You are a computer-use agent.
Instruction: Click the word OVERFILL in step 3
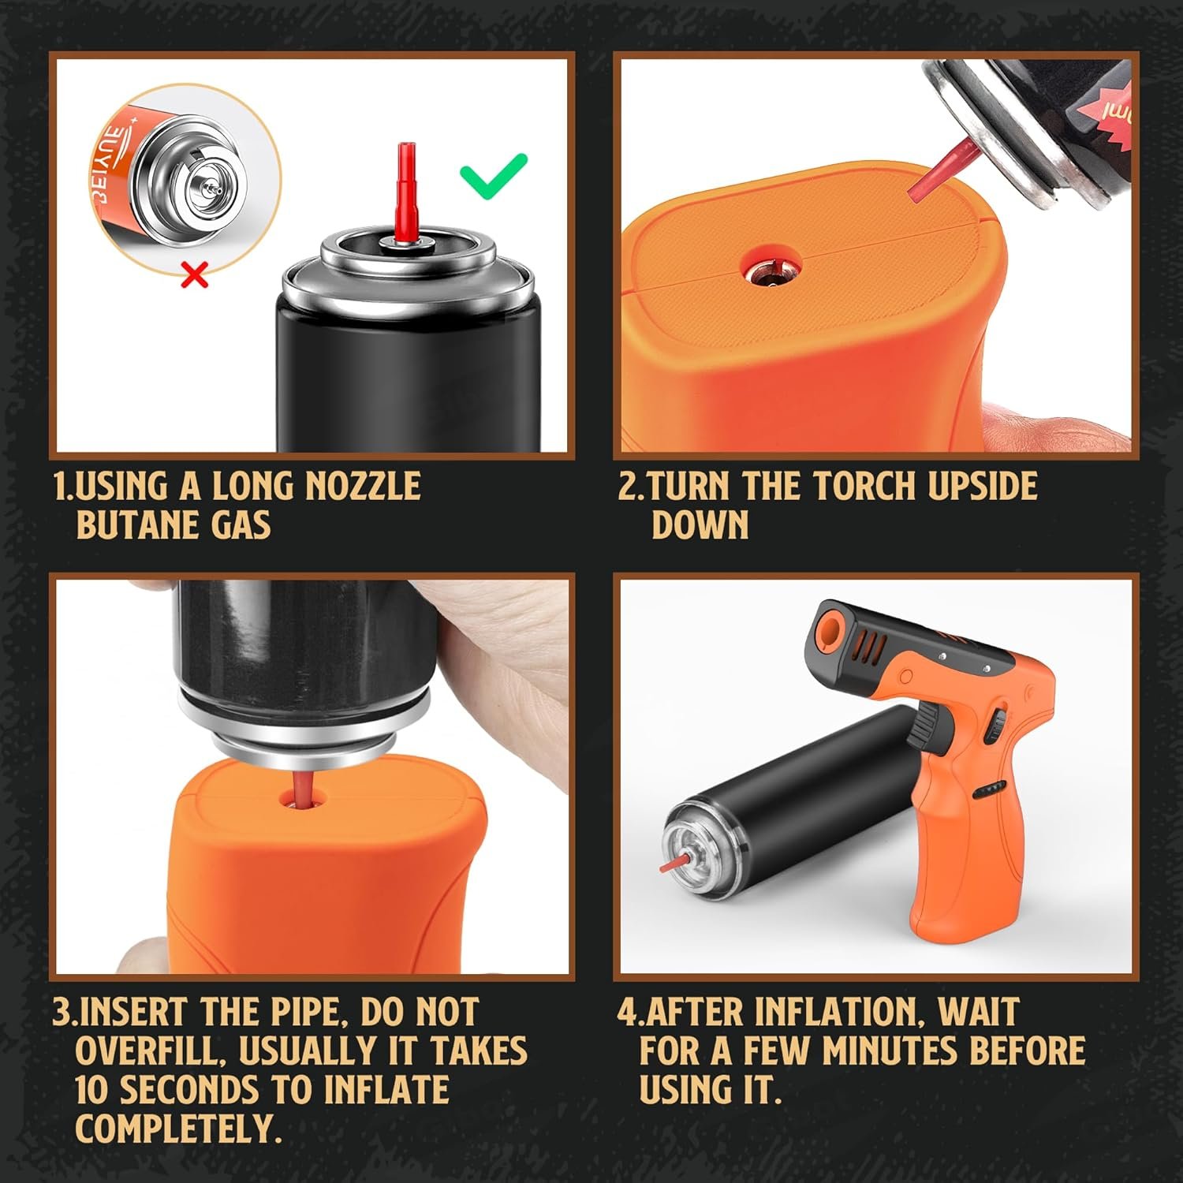point(148,1051)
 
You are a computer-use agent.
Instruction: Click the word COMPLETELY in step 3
point(178,1129)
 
